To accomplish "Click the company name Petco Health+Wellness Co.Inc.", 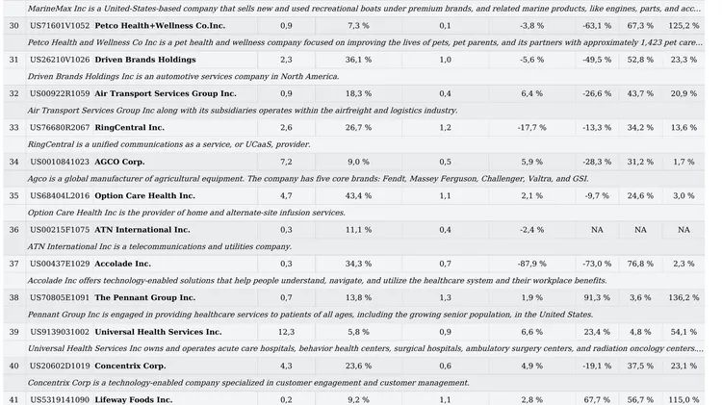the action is point(160,26).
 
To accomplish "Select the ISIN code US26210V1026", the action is point(60,60).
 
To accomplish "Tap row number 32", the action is point(14,94).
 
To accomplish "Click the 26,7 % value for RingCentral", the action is point(358,128).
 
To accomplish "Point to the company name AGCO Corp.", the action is point(119,162).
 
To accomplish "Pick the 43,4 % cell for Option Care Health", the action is point(358,196).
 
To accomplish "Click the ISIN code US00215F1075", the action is point(60,230).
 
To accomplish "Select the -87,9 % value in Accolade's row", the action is point(531,265).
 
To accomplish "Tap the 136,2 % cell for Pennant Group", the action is point(683,298).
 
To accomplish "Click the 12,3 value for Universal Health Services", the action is point(286,332).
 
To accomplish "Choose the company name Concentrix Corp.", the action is point(130,367).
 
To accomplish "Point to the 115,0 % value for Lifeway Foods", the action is point(683,400).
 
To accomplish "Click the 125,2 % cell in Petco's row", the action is point(683,26).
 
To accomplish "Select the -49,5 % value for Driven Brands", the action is point(597,60).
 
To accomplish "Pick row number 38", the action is point(14,298).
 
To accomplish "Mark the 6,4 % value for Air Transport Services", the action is point(531,94).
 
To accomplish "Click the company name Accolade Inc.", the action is point(123,265).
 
